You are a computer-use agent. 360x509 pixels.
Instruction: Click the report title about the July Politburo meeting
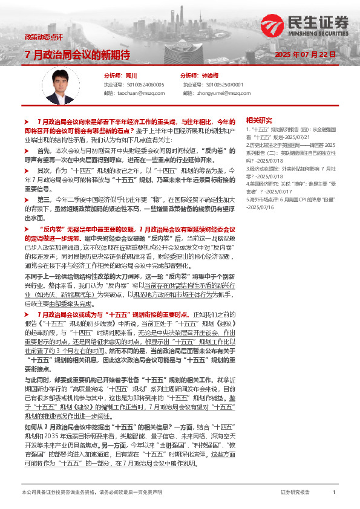[77, 55]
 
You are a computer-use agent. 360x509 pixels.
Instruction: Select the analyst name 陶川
[131, 76]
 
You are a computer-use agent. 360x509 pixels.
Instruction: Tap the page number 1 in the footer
[334, 493]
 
